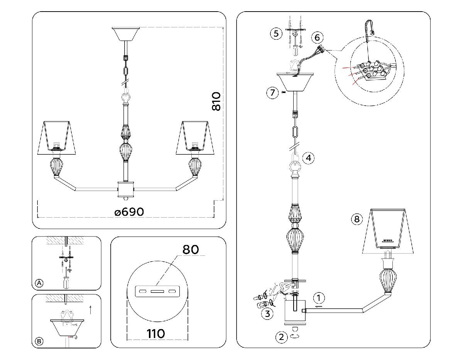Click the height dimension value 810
click(216, 101)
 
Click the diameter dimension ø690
click(129, 212)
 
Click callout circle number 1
click(319, 298)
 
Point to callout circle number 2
click(282, 337)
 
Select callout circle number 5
click(276, 34)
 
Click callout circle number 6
click(317, 37)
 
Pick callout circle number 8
click(357, 219)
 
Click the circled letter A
click(39, 283)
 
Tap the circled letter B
click(39, 341)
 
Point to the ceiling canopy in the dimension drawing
click(125, 34)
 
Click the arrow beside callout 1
click(319, 307)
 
